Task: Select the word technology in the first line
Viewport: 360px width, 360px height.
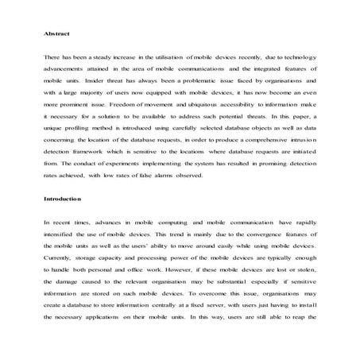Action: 296,59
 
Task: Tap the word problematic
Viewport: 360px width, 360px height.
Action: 190,81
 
